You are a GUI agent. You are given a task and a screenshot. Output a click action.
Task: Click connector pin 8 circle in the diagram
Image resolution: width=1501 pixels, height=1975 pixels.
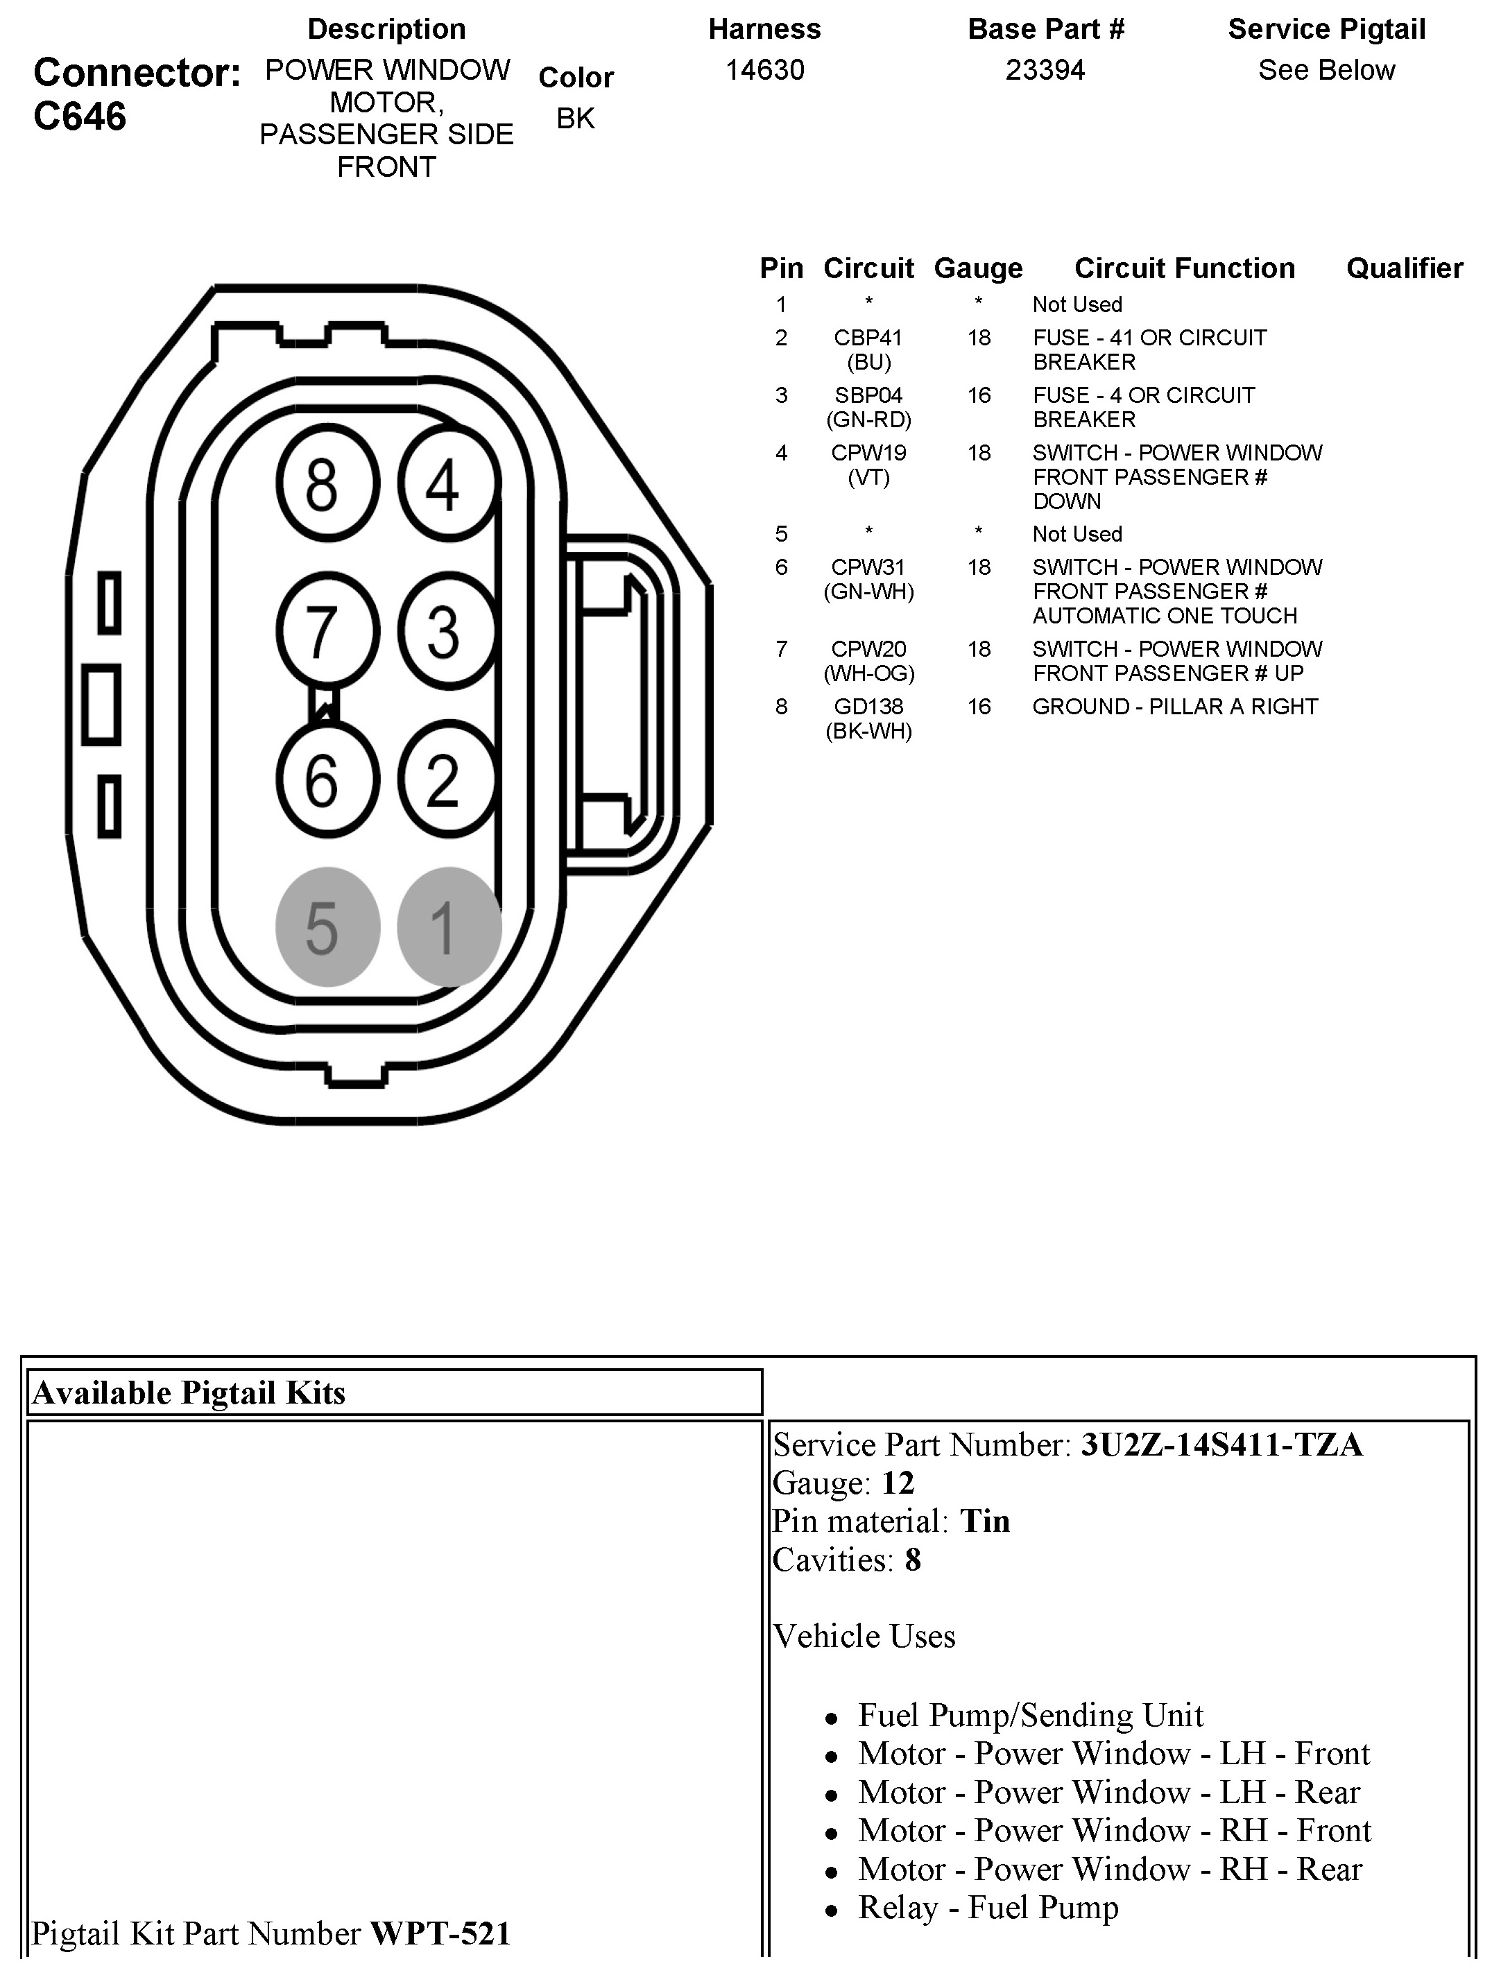[x=327, y=484]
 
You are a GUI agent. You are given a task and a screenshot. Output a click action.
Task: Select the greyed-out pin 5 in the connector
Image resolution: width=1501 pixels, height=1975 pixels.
[x=327, y=926]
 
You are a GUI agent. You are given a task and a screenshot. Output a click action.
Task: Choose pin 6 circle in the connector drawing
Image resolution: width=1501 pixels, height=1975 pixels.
[x=327, y=779]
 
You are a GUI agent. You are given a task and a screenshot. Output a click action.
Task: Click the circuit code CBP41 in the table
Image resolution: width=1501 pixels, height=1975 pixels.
[x=868, y=338]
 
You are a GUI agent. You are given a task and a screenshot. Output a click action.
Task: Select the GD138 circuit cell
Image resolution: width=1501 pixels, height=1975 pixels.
[x=868, y=707]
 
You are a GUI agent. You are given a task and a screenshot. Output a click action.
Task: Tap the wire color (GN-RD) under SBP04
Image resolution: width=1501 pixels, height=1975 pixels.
[x=868, y=420]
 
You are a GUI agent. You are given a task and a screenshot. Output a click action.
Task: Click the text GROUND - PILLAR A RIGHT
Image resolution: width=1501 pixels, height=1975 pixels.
[x=1174, y=707]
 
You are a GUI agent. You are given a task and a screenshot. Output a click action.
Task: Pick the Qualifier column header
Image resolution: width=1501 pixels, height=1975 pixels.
[x=1404, y=268]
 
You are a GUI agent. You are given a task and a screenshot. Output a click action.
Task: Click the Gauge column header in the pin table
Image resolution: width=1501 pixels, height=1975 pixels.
[x=977, y=268]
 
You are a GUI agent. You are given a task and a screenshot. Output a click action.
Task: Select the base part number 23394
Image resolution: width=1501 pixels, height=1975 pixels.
[x=1045, y=69]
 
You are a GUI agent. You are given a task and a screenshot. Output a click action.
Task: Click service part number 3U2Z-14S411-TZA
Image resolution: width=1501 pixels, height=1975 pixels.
[x=1221, y=1445]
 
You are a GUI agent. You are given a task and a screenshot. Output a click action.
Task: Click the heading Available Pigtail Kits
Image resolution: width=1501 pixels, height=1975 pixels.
[x=189, y=1392]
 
